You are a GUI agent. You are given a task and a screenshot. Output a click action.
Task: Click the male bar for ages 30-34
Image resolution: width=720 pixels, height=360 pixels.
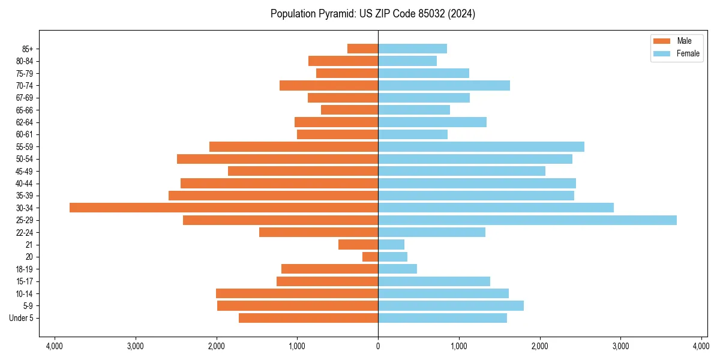click(224, 208)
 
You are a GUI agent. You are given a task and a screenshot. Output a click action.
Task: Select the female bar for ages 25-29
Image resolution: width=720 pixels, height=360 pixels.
click(527, 220)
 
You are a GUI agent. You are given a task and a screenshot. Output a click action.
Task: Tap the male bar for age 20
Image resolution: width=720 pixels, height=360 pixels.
click(370, 257)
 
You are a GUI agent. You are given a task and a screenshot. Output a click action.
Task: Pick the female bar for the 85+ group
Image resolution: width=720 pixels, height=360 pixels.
click(412, 49)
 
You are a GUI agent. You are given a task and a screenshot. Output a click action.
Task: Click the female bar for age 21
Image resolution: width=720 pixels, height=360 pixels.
click(391, 245)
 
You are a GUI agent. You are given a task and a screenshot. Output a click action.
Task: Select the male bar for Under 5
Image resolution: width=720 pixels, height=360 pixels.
click(308, 318)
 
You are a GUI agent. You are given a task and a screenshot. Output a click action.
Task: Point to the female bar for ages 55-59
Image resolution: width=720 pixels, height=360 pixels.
click(481, 147)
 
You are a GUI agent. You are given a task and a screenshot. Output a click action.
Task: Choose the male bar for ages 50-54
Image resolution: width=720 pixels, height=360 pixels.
click(277, 159)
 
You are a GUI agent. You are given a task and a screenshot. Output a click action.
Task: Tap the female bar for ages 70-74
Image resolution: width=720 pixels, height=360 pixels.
click(444, 86)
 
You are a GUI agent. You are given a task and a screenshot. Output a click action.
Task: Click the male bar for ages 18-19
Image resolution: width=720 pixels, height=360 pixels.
click(329, 269)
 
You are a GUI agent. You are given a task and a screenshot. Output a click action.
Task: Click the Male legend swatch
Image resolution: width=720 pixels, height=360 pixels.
click(661, 41)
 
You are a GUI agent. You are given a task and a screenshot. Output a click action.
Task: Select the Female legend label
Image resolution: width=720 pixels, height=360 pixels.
click(688, 53)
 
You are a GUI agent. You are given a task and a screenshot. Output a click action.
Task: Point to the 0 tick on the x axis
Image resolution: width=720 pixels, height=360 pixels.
click(378, 346)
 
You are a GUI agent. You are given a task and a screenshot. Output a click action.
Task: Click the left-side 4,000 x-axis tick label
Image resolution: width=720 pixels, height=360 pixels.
click(55, 346)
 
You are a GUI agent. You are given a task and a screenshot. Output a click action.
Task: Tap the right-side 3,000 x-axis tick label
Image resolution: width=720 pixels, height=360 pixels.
click(620, 346)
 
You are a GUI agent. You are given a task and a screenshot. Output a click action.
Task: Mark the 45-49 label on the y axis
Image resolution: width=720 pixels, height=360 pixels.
click(24, 172)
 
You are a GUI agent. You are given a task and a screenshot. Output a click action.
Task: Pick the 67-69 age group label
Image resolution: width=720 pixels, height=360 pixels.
click(24, 98)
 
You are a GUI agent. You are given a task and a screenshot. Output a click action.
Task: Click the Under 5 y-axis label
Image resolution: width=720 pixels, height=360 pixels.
click(22, 318)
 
